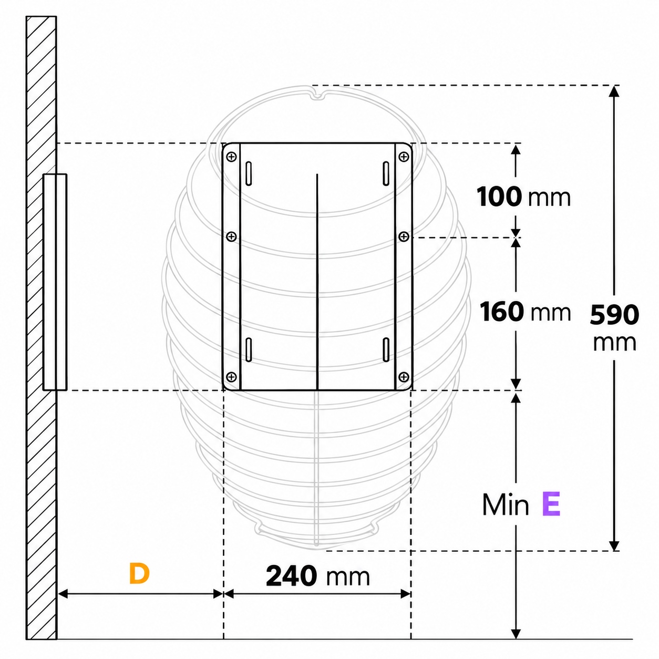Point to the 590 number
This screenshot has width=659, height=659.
click(614, 315)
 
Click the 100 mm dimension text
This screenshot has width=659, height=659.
click(523, 197)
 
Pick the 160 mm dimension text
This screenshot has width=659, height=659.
click(526, 311)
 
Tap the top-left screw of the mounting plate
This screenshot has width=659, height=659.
click(232, 157)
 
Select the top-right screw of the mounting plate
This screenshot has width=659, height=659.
click(404, 157)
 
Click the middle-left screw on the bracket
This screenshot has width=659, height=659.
click(232, 236)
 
